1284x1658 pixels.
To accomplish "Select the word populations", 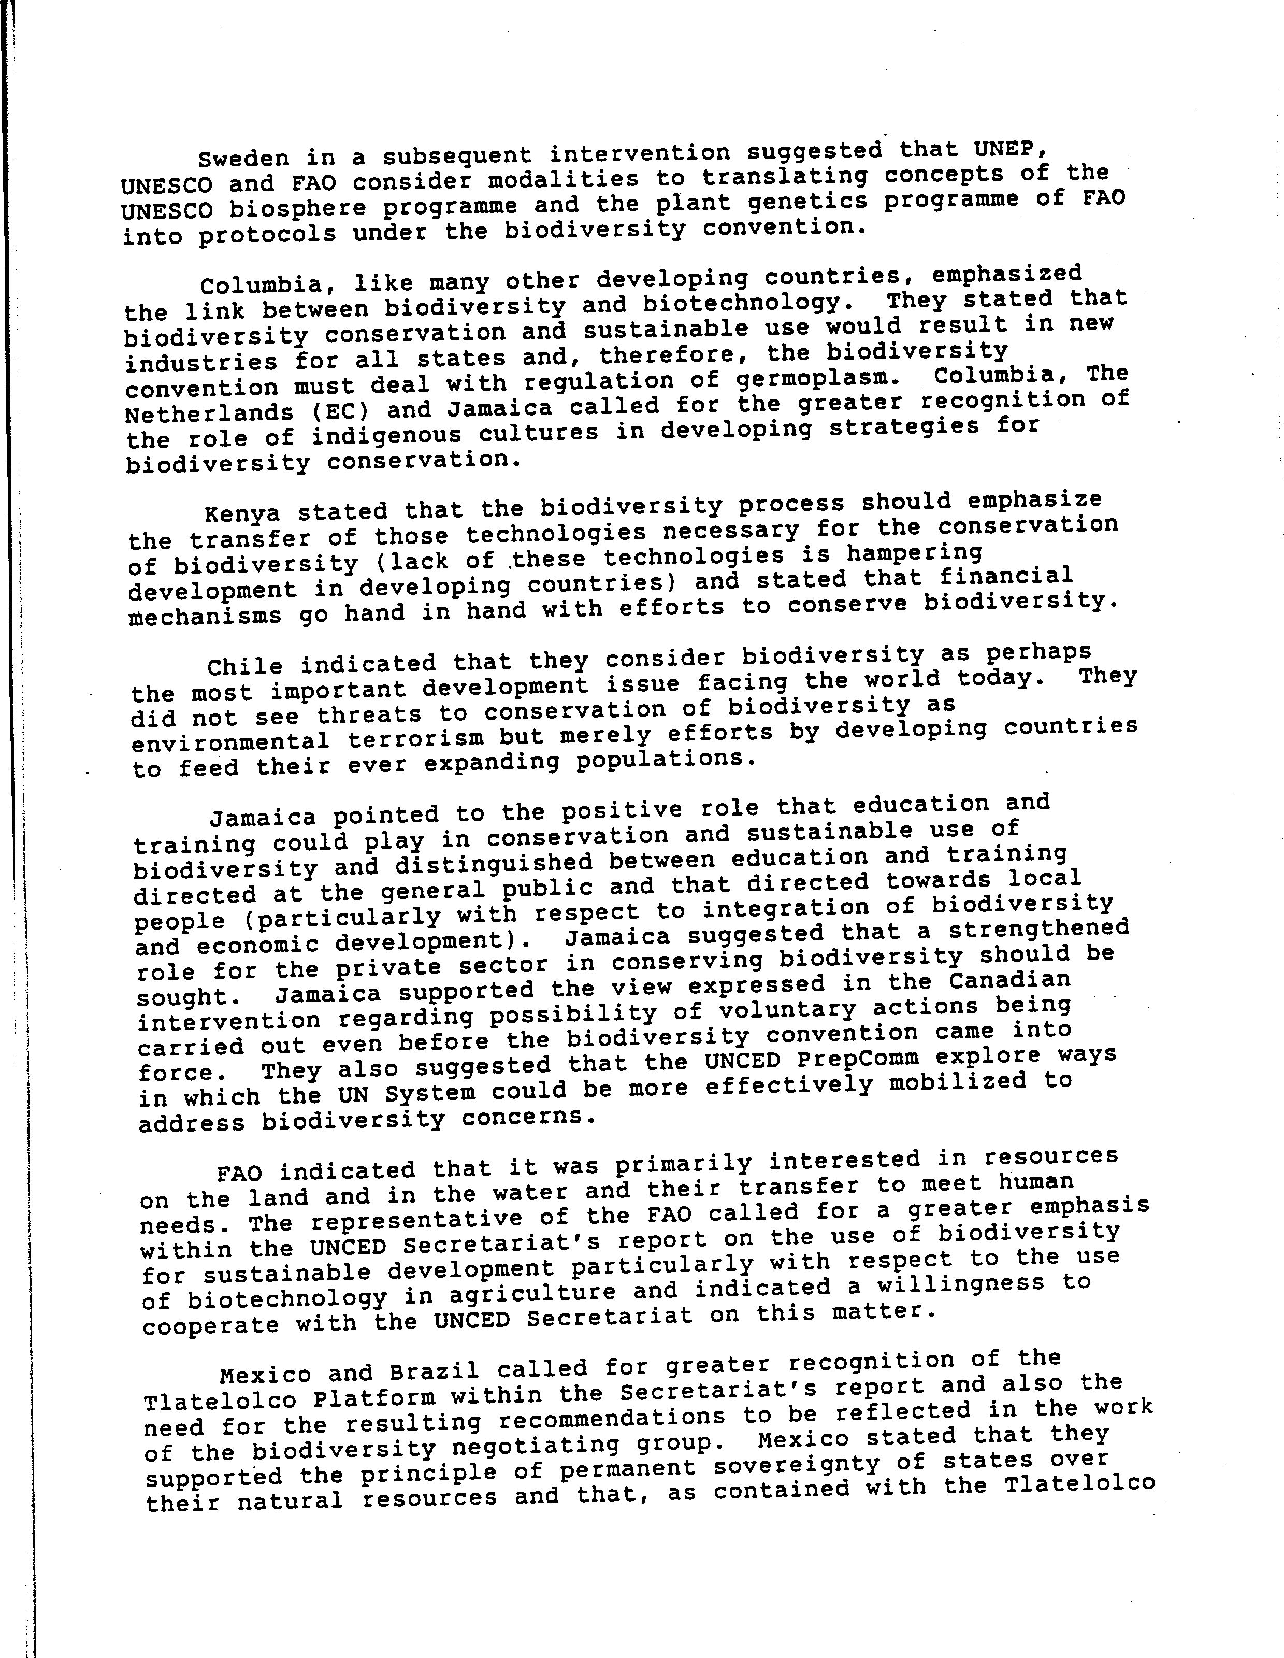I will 666,760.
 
